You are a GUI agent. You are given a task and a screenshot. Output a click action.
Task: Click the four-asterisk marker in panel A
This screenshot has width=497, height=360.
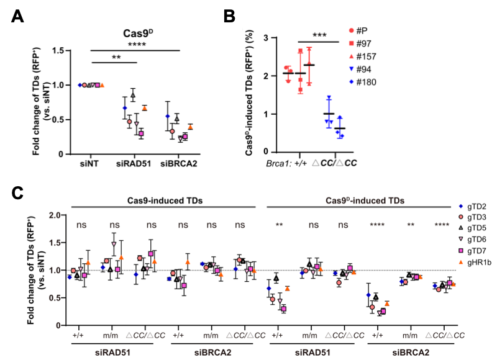[x=134, y=45]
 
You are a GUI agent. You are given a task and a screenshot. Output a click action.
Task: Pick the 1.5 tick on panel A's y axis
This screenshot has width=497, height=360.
[x=60, y=50]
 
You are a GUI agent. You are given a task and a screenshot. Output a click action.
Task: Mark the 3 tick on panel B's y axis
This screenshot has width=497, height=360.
[x=266, y=38]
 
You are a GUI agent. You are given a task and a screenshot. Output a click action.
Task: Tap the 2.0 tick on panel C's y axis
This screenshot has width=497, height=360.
[x=59, y=215]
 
